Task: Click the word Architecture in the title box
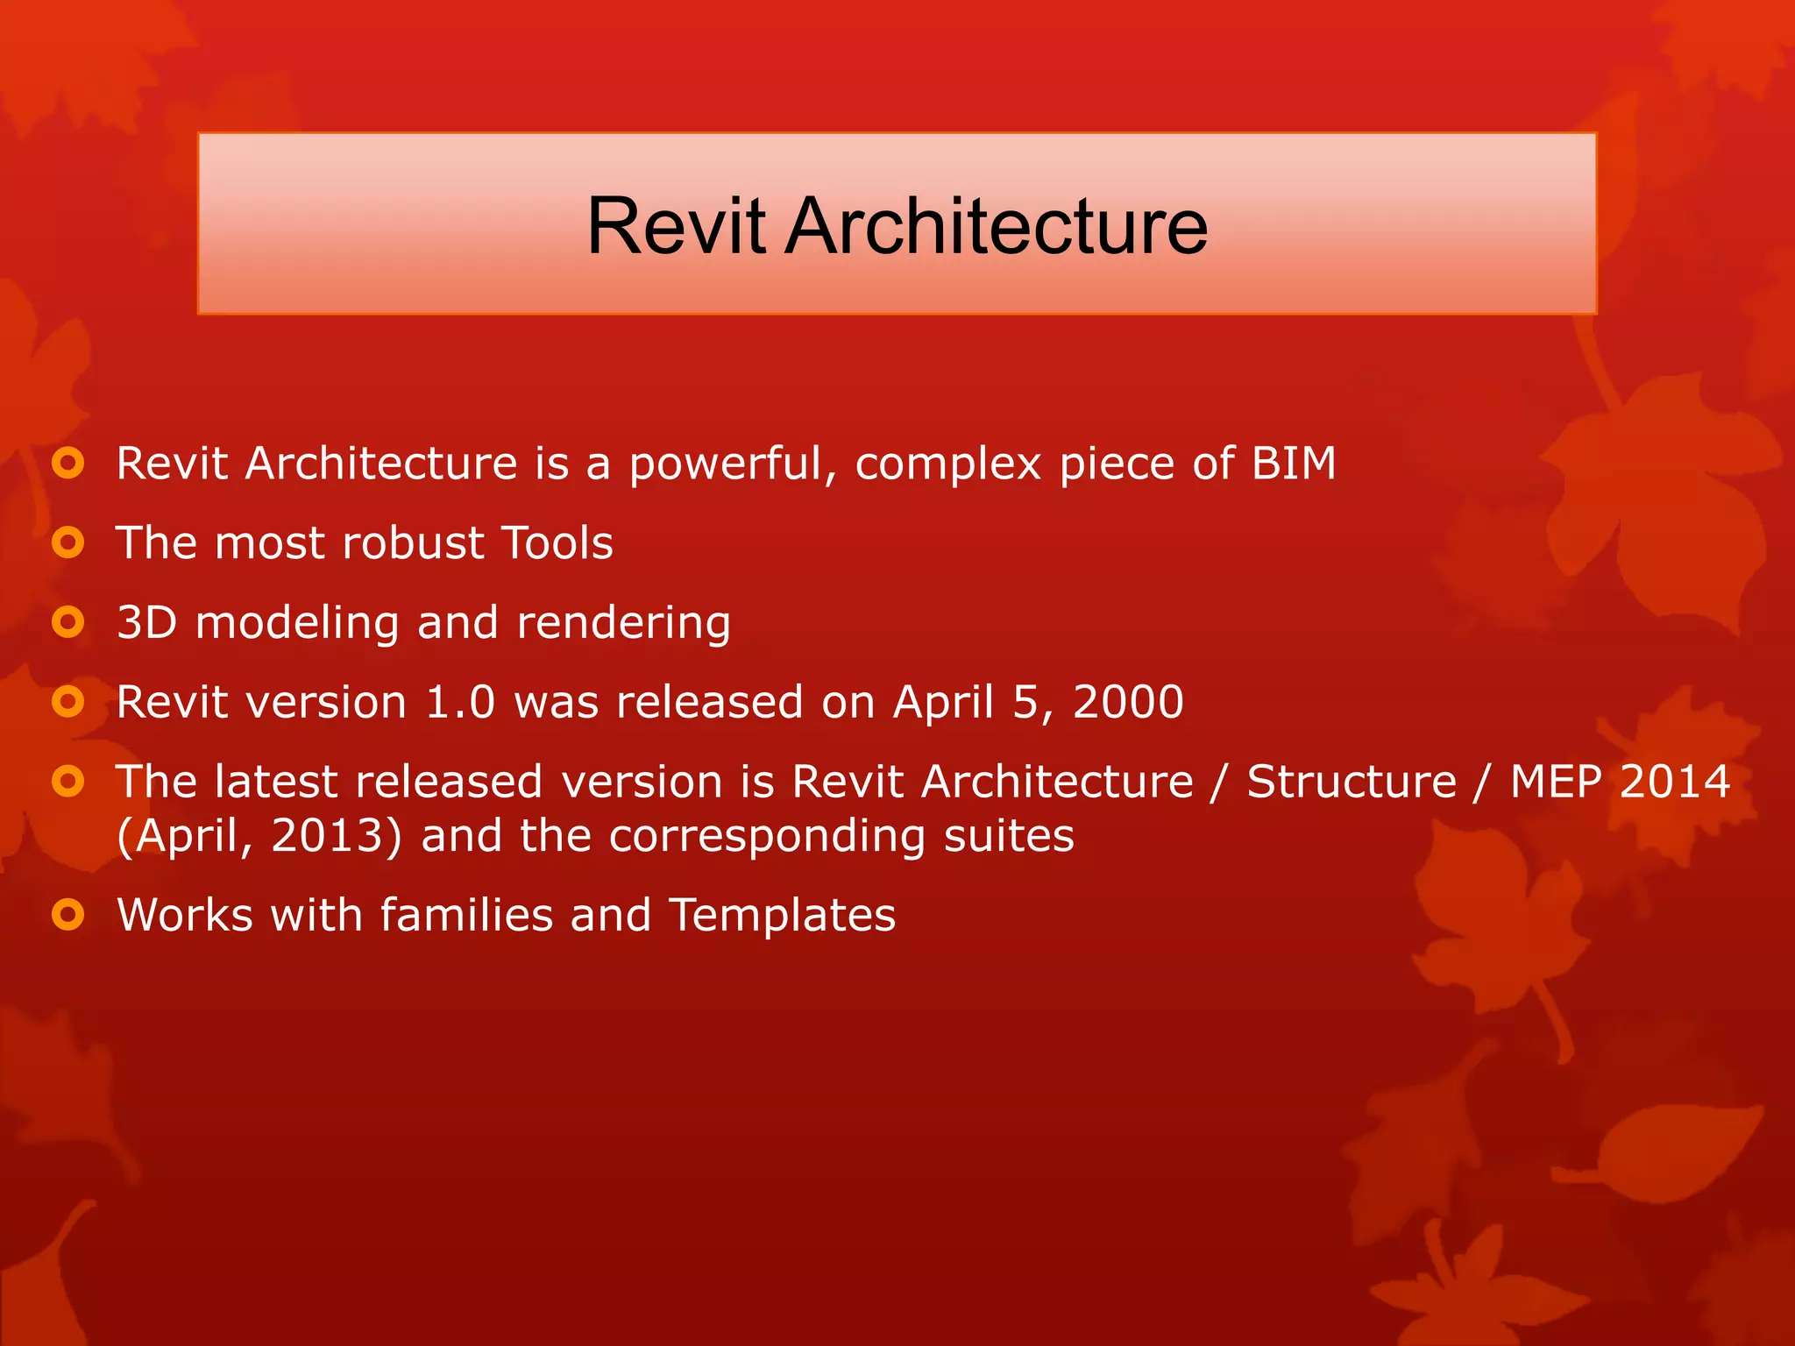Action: pos(997,226)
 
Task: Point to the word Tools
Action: pos(557,542)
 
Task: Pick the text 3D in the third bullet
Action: pos(146,622)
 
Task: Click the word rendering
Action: pos(623,624)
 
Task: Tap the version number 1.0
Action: pos(460,702)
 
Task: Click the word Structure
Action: pos(1352,781)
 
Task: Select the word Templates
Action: pos(782,915)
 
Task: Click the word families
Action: pos(466,915)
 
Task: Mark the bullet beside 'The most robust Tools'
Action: pos(67,542)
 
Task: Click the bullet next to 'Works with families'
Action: pos(67,915)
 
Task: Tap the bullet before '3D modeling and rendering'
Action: pos(67,622)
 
